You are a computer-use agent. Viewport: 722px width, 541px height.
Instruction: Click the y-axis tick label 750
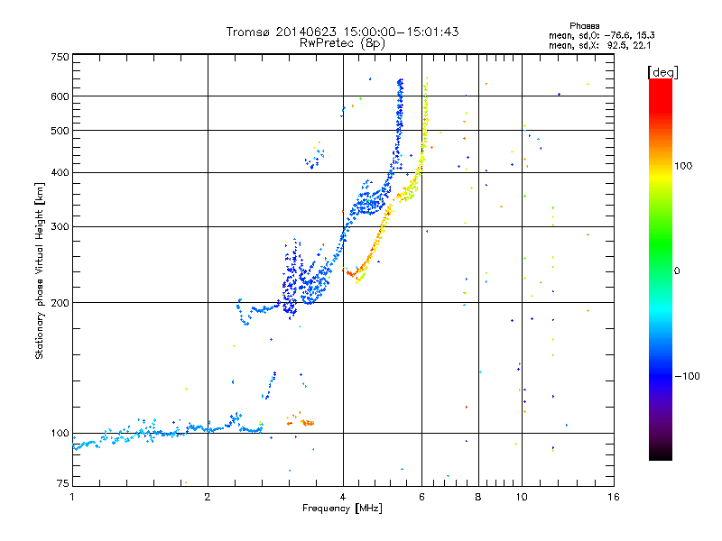[x=60, y=57]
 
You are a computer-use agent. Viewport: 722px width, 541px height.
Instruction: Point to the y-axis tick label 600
[x=60, y=96]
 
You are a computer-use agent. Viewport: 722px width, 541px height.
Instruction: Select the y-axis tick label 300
[x=60, y=226]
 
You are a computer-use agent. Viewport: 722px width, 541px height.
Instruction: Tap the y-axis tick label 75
[x=63, y=484]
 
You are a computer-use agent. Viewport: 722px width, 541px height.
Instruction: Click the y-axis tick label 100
[x=60, y=434]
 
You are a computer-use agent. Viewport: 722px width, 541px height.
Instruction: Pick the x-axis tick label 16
[x=613, y=497]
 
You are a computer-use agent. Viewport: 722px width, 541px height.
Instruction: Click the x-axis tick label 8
[x=478, y=497]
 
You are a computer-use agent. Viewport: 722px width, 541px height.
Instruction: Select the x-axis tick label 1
[x=73, y=497]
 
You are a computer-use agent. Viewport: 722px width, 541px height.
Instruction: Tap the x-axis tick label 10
[x=521, y=497]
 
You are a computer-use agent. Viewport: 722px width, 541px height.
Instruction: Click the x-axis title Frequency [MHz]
[x=343, y=509]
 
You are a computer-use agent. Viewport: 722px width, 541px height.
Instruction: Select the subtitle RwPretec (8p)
[x=342, y=42]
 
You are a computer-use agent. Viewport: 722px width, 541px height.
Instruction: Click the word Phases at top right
[x=585, y=25]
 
